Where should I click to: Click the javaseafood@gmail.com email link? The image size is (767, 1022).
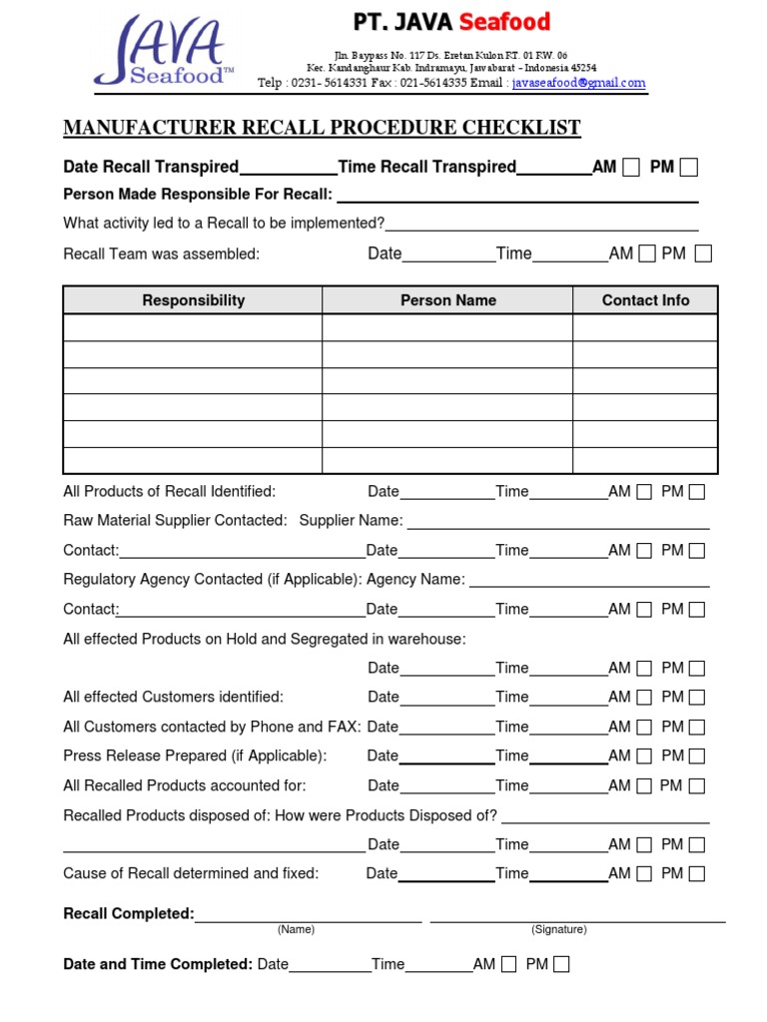tap(578, 84)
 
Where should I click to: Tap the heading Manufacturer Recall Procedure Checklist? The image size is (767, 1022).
tap(322, 128)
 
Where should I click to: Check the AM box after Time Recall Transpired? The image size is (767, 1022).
tap(631, 168)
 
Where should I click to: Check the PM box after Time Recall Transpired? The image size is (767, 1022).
tap(688, 168)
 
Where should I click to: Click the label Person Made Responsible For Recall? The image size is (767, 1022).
tap(197, 195)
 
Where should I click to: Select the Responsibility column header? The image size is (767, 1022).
tap(193, 300)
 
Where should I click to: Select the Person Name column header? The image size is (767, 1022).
tap(447, 300)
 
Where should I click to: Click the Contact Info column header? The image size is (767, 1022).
tap(645, 300)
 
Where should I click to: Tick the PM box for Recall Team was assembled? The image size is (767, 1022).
tap(703, 255)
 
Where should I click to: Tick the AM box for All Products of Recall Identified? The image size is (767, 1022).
tap(644, 492)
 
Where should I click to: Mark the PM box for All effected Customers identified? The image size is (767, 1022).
tap(696, 698)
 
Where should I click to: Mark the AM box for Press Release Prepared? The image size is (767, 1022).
tap(644, 757)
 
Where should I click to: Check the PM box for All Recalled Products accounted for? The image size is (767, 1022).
tap(696, 786)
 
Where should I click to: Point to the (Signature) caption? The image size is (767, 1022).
tap(559, 929)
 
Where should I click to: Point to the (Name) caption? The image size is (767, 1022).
tap(296, 929)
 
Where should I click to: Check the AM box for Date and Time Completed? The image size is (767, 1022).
tap(509, 964)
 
